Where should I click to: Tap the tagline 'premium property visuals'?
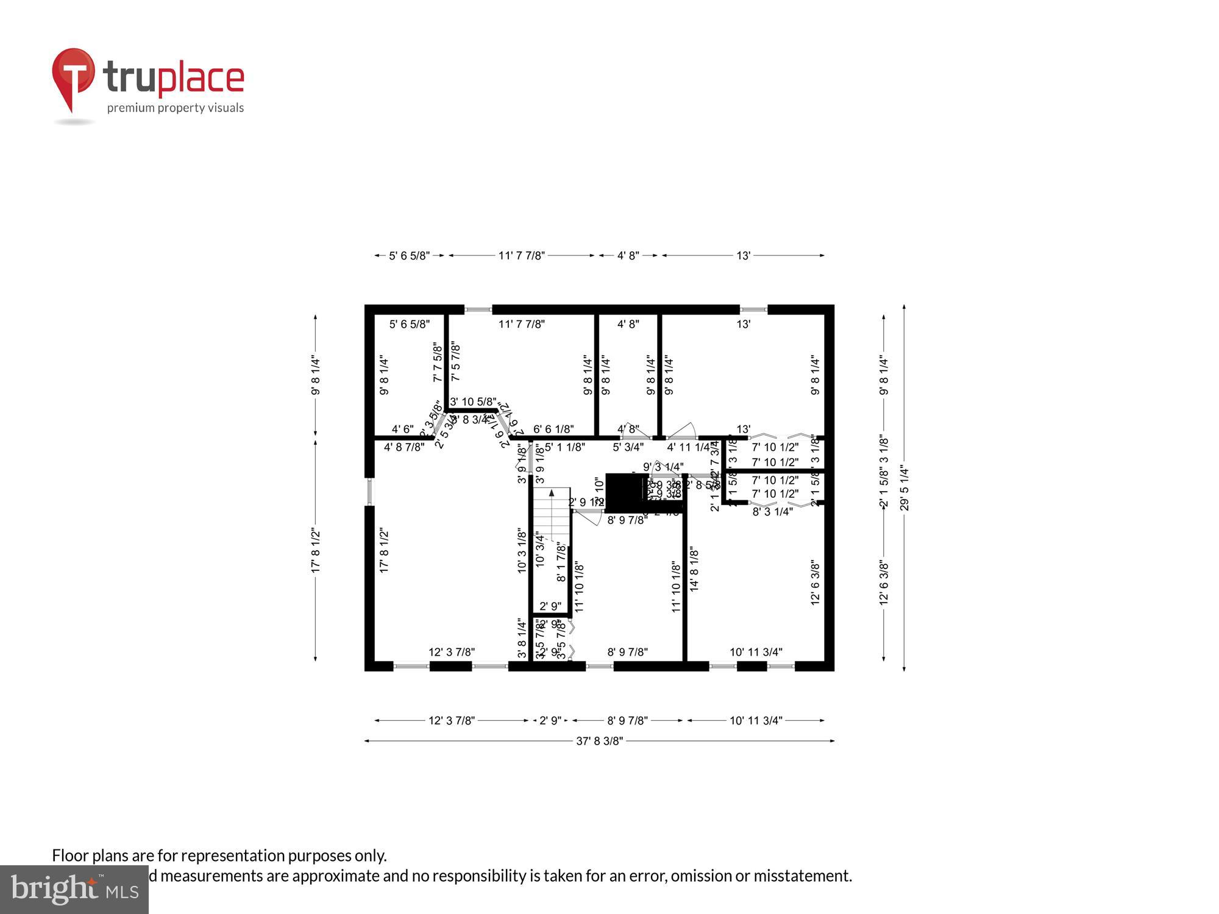click(x=176, y=108)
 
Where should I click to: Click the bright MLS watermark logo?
click(x=74, y=890)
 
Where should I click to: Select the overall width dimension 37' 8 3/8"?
click(x=600, y=742)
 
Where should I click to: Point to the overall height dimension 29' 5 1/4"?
click(x=904, y=488)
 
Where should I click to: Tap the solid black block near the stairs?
click(x=625, y=492)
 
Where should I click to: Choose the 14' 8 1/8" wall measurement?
click(x=694, y=569)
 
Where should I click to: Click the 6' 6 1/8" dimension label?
click(x=553, y=429)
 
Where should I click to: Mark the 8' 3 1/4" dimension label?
click(x=772, y=512)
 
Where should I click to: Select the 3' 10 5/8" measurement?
click(x=473, y=402)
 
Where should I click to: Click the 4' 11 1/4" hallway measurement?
click(x=688, y=447)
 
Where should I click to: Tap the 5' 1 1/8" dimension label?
click(x=564, y=447)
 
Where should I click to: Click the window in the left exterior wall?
click(x=369, y=492)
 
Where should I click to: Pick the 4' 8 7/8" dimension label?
click(x=404, y=447)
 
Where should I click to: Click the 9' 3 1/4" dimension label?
click(x=663, y=467)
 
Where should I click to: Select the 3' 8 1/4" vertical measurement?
click(x=522, y=639)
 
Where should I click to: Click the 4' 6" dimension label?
click(x=402, y=430)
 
